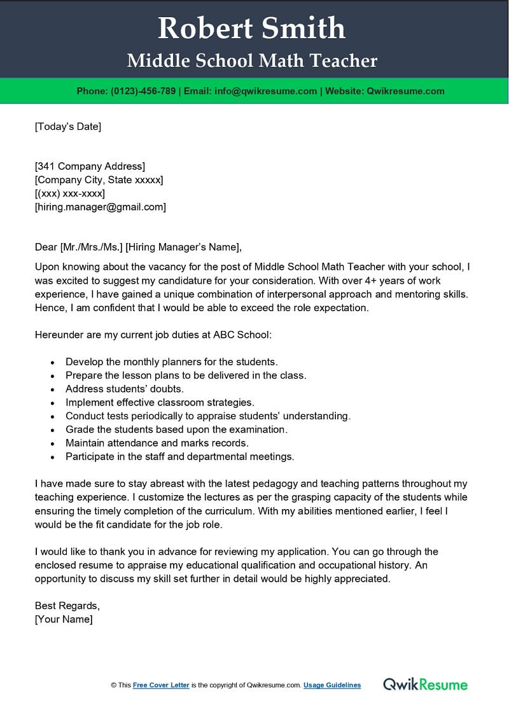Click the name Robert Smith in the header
(252, 29)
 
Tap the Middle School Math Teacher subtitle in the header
(252, 61)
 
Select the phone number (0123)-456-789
(144, 91)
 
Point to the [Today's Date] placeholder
(67, 127)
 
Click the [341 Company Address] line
(90, 167)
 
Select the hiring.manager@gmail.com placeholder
(100, 207)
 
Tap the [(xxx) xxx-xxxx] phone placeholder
(70, 193)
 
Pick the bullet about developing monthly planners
(171, 362)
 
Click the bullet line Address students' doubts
(124, 389)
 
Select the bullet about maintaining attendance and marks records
(157, 443)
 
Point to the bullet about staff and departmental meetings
(179, 456)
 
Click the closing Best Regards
(67, 606)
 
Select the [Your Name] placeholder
(64, 619)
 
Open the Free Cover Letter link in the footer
(161, 685)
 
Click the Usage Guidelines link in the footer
(332, 685)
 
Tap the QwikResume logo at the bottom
(425, 685)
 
